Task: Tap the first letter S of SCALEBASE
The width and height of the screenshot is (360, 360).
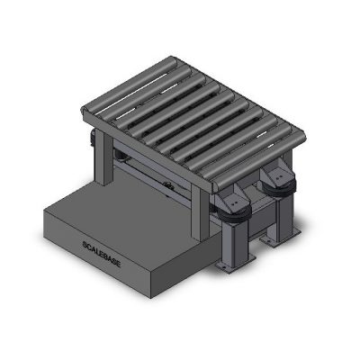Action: click(84, 240)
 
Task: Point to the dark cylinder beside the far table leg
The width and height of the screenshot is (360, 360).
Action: click(91, 139)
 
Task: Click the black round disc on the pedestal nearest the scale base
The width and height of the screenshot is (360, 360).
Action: click(236, 211)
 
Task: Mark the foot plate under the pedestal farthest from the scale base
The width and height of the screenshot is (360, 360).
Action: click(270, 241)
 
